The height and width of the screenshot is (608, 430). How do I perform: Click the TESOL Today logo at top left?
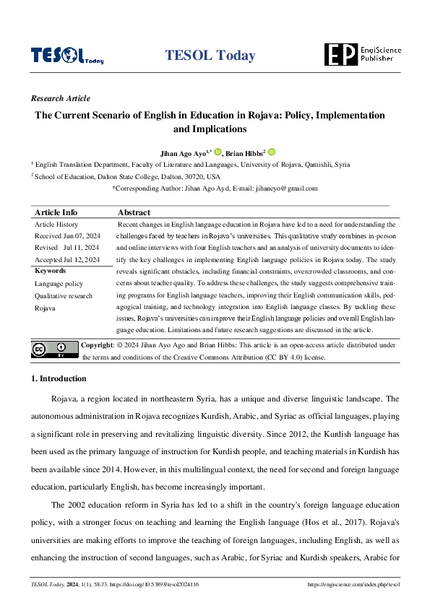(66, 56)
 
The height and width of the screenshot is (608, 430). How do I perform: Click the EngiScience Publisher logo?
(362, 54)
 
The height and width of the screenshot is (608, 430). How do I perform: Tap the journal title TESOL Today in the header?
(210, 56)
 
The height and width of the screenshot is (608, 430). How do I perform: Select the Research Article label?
(61, 99)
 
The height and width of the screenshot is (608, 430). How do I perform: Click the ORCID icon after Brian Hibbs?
(271, 152)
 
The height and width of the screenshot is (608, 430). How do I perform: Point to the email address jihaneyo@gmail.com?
(286, 188)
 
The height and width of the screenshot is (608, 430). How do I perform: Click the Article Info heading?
(56, 212)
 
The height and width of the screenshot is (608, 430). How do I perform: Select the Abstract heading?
(134, 212)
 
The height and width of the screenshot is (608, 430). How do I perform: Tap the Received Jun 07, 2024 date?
(67, 236)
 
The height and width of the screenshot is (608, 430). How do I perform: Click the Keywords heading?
(50, 271)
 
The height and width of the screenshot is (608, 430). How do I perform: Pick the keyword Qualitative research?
(64, 296)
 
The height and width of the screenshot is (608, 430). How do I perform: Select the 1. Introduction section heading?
(59, 378)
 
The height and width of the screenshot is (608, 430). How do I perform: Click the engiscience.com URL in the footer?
(353, 584)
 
